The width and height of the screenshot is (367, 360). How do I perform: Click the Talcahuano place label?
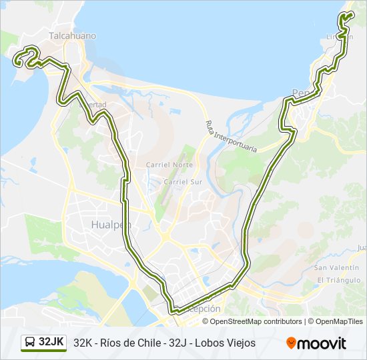tap(72, 36)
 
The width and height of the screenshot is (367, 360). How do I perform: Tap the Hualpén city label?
tap(110, 225)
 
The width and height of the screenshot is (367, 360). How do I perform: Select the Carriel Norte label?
tap(169, 165)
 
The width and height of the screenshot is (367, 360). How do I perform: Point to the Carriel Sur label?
tap(182, 181)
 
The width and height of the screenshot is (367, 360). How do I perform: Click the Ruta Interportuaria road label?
tap(231, 136)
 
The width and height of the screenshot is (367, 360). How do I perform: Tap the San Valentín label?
tap(338, 267)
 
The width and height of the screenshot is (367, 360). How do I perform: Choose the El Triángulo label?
tap(340, 279)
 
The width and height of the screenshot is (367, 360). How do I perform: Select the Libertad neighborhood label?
tap(93, 105)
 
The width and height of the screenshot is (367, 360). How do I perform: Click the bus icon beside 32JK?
tap(30, 342)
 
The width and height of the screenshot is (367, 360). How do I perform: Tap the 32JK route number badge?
tap(51, 342)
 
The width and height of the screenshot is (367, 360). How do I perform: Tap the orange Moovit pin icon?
tap(291, 343)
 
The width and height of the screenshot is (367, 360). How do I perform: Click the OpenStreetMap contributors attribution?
tap(256, 321)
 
